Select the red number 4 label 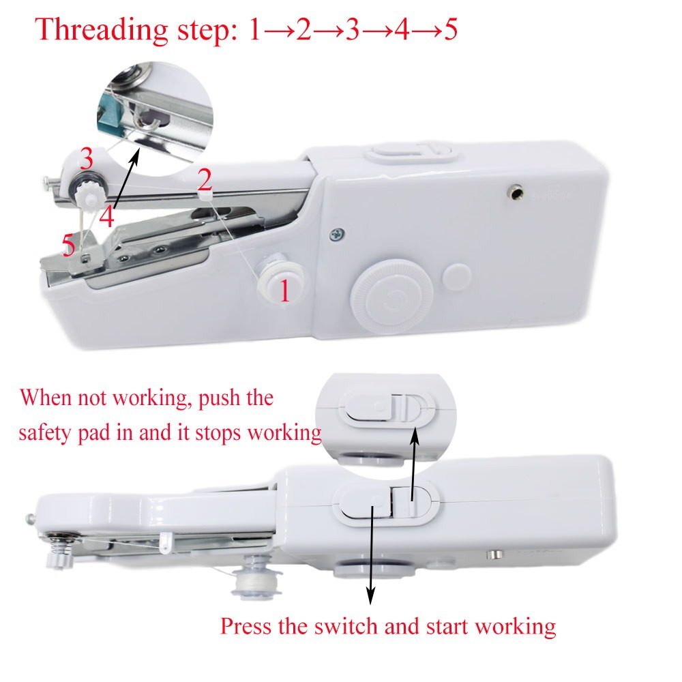[106, 218]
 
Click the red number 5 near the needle [69, 246]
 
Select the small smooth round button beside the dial [456, 276]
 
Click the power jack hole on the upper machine [516, 194]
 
